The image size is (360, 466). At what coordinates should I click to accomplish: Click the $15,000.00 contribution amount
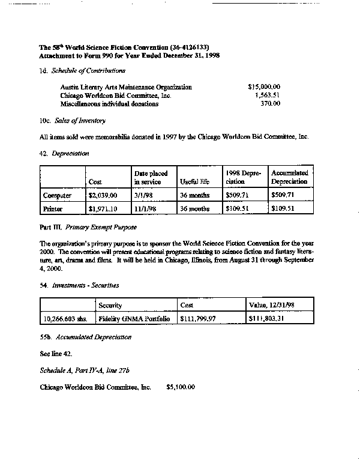tap(264, 87)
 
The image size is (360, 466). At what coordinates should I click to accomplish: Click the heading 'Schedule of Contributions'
tap(79, 71)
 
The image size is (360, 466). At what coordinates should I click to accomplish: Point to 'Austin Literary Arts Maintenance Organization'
tap(126, 87)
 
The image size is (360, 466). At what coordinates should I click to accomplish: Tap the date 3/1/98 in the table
tap(143, 195)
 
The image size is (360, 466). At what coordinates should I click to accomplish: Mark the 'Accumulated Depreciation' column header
tap(290, 177)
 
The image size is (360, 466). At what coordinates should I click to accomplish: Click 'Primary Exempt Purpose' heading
tap(101, 228)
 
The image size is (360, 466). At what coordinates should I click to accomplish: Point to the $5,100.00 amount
tap(181, 387)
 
